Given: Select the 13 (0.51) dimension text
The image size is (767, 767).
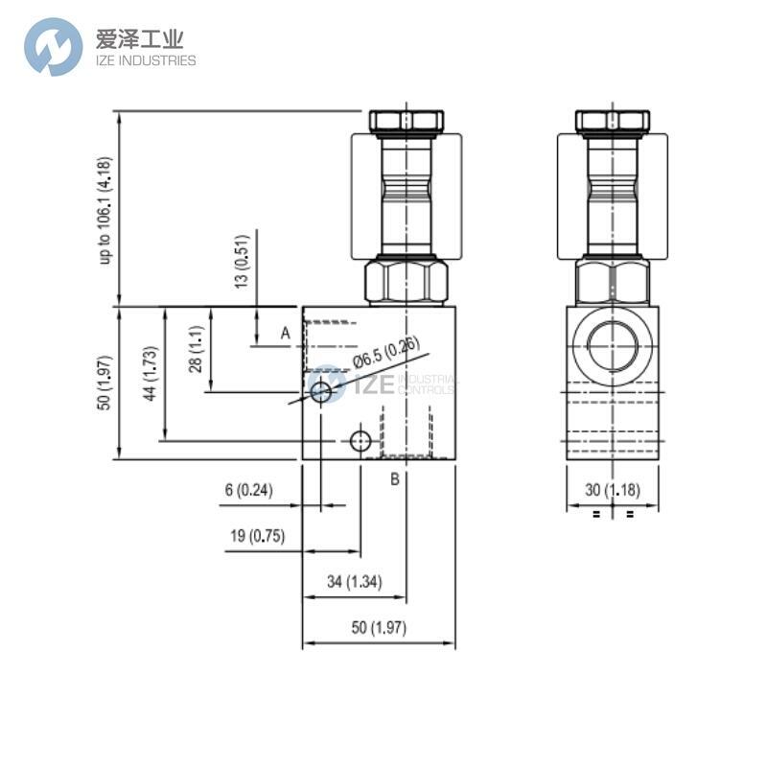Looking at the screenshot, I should [243, 260].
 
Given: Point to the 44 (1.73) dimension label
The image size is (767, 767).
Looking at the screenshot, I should [149, 375].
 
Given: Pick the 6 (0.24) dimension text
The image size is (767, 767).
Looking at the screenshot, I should [248, 490].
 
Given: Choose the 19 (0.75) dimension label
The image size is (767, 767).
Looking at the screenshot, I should [256, 536].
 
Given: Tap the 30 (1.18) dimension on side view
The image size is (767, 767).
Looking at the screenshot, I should [612, 490].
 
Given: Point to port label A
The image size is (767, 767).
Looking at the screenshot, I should [285, 333].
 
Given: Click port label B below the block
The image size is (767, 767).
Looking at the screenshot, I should [394, 479].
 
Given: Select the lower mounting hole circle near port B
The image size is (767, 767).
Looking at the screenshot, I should [360, 441].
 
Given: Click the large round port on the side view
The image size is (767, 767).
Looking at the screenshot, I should [612, 346].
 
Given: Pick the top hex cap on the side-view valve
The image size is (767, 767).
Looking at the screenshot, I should [612, 121].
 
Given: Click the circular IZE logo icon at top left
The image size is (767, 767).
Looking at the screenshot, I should [54, 47].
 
